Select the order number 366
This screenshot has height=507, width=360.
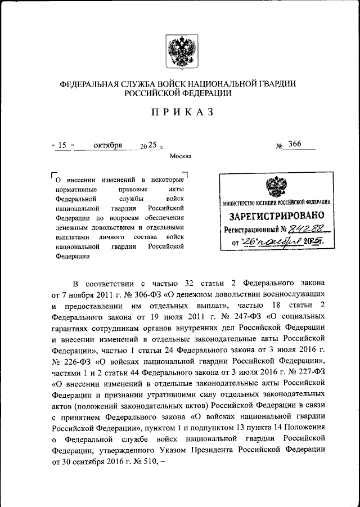(x=294, y=144)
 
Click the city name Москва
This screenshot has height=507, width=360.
(x=181, y=156)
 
